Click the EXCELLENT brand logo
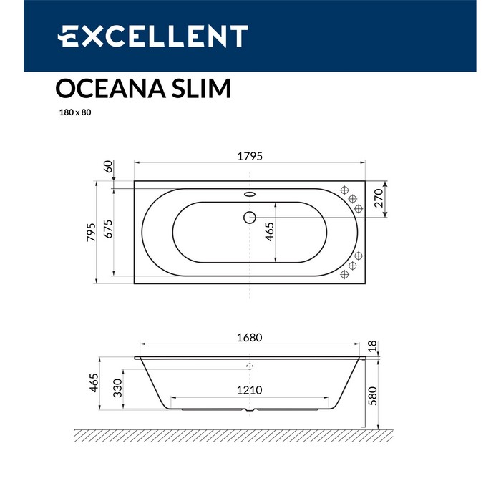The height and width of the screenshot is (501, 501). (152, 36)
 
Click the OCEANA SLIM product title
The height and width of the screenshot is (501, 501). (143, 89)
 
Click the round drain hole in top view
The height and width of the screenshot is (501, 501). (249, 217)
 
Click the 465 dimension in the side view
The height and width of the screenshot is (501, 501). (93, 384)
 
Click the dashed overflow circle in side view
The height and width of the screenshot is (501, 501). (250, 366)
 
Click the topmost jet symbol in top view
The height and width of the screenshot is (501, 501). (344, 191)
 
